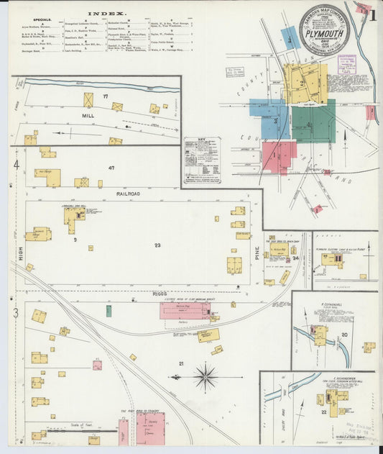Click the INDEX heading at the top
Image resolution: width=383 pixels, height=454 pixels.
coord(106,14)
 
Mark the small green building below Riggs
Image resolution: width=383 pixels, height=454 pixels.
coord(109,311)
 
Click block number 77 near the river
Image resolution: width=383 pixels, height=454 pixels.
coord(105,96)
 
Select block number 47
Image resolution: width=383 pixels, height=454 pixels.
coord(111,168)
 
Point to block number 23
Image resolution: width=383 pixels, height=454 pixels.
coord(157,245)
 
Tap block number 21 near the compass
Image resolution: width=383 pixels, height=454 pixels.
coord(182,363)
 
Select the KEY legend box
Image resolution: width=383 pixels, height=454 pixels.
coord(202,160)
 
